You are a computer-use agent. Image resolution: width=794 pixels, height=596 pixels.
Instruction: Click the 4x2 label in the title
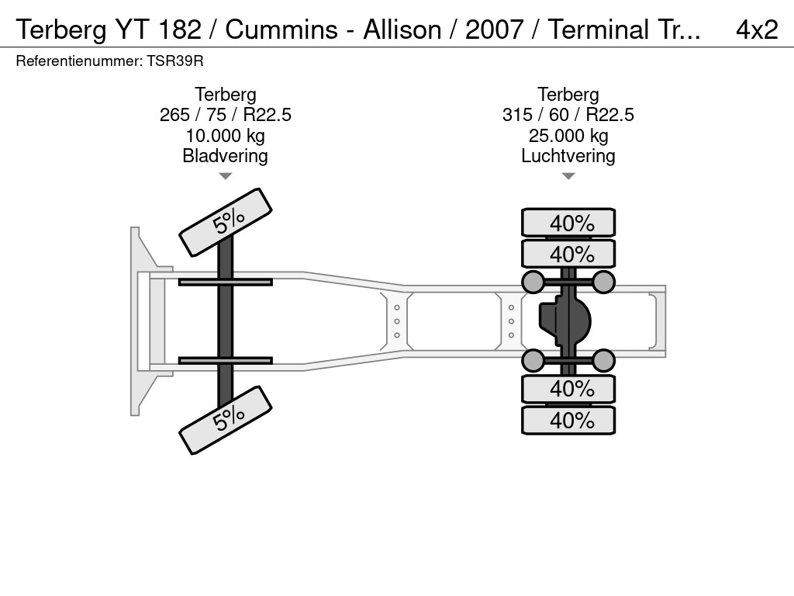pos(756,29)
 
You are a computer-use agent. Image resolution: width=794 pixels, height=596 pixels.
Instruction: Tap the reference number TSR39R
pos(175,61)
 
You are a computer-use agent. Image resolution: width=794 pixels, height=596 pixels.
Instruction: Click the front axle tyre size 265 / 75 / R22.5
pos(225,115)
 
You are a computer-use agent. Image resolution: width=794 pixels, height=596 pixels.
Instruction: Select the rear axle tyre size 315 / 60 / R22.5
pos(568,115)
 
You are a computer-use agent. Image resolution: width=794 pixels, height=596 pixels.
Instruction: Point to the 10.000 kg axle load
pos(225,136)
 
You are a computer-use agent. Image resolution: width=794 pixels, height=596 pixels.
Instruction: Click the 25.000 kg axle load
pos(568,136)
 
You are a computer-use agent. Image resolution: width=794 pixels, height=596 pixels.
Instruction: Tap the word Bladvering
pos(225,156)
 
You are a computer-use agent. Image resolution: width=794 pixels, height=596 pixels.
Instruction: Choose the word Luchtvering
pos(568,156)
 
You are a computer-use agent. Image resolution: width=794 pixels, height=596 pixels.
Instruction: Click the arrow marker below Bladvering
pos(225,176)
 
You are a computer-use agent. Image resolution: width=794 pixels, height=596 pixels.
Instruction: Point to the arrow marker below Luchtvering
pos(568,176)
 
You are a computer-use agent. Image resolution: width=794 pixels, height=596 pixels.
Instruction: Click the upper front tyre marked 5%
pos(226,222)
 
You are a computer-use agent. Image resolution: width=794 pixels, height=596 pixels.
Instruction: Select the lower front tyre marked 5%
pos(226,419)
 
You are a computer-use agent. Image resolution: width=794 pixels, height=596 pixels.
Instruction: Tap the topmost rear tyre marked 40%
pos(568,223)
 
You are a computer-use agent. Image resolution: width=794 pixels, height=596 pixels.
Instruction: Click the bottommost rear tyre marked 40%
pos(568,421)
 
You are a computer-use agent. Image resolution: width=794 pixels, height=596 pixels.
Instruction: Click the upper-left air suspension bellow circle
pos(533,282)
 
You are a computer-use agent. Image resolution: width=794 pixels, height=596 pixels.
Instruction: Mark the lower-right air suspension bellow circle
pos(603,360)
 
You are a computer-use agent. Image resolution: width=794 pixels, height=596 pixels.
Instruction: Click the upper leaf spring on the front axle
pos(225,282)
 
